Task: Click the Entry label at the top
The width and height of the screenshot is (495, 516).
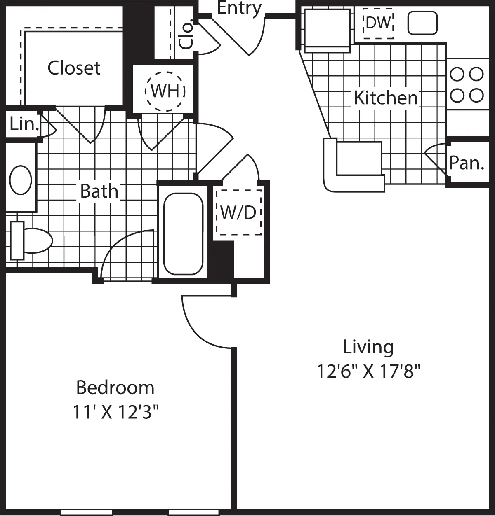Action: tap(239, 8)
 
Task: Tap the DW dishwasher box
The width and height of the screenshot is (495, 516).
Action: tap(378, 23)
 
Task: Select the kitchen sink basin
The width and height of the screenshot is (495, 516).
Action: tap(422, 23)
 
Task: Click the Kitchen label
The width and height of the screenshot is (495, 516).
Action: tap(386, 98)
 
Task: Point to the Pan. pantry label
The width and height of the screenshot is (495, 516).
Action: tap(466, 163)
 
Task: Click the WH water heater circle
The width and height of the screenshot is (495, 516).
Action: tap(165, 91)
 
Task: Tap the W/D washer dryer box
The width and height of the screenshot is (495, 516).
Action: tap(239, 212)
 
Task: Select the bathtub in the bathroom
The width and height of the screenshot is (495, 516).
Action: tap(183, 233)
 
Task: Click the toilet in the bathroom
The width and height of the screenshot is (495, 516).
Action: tap(31, 241)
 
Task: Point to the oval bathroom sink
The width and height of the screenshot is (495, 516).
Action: tap(21, 180)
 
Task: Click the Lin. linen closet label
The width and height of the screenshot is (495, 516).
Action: tap(24, 124)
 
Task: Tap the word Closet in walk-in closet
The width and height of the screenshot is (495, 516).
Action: tap(74, 68)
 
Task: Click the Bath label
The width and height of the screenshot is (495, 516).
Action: tap(99, 191)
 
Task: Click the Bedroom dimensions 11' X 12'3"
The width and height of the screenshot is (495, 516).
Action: tap(115, 412)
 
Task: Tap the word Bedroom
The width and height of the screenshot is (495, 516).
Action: tap(115, 388)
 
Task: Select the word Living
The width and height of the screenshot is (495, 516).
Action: tap(368, 347)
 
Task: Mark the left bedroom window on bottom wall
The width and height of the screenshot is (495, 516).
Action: tap(87, 512)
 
